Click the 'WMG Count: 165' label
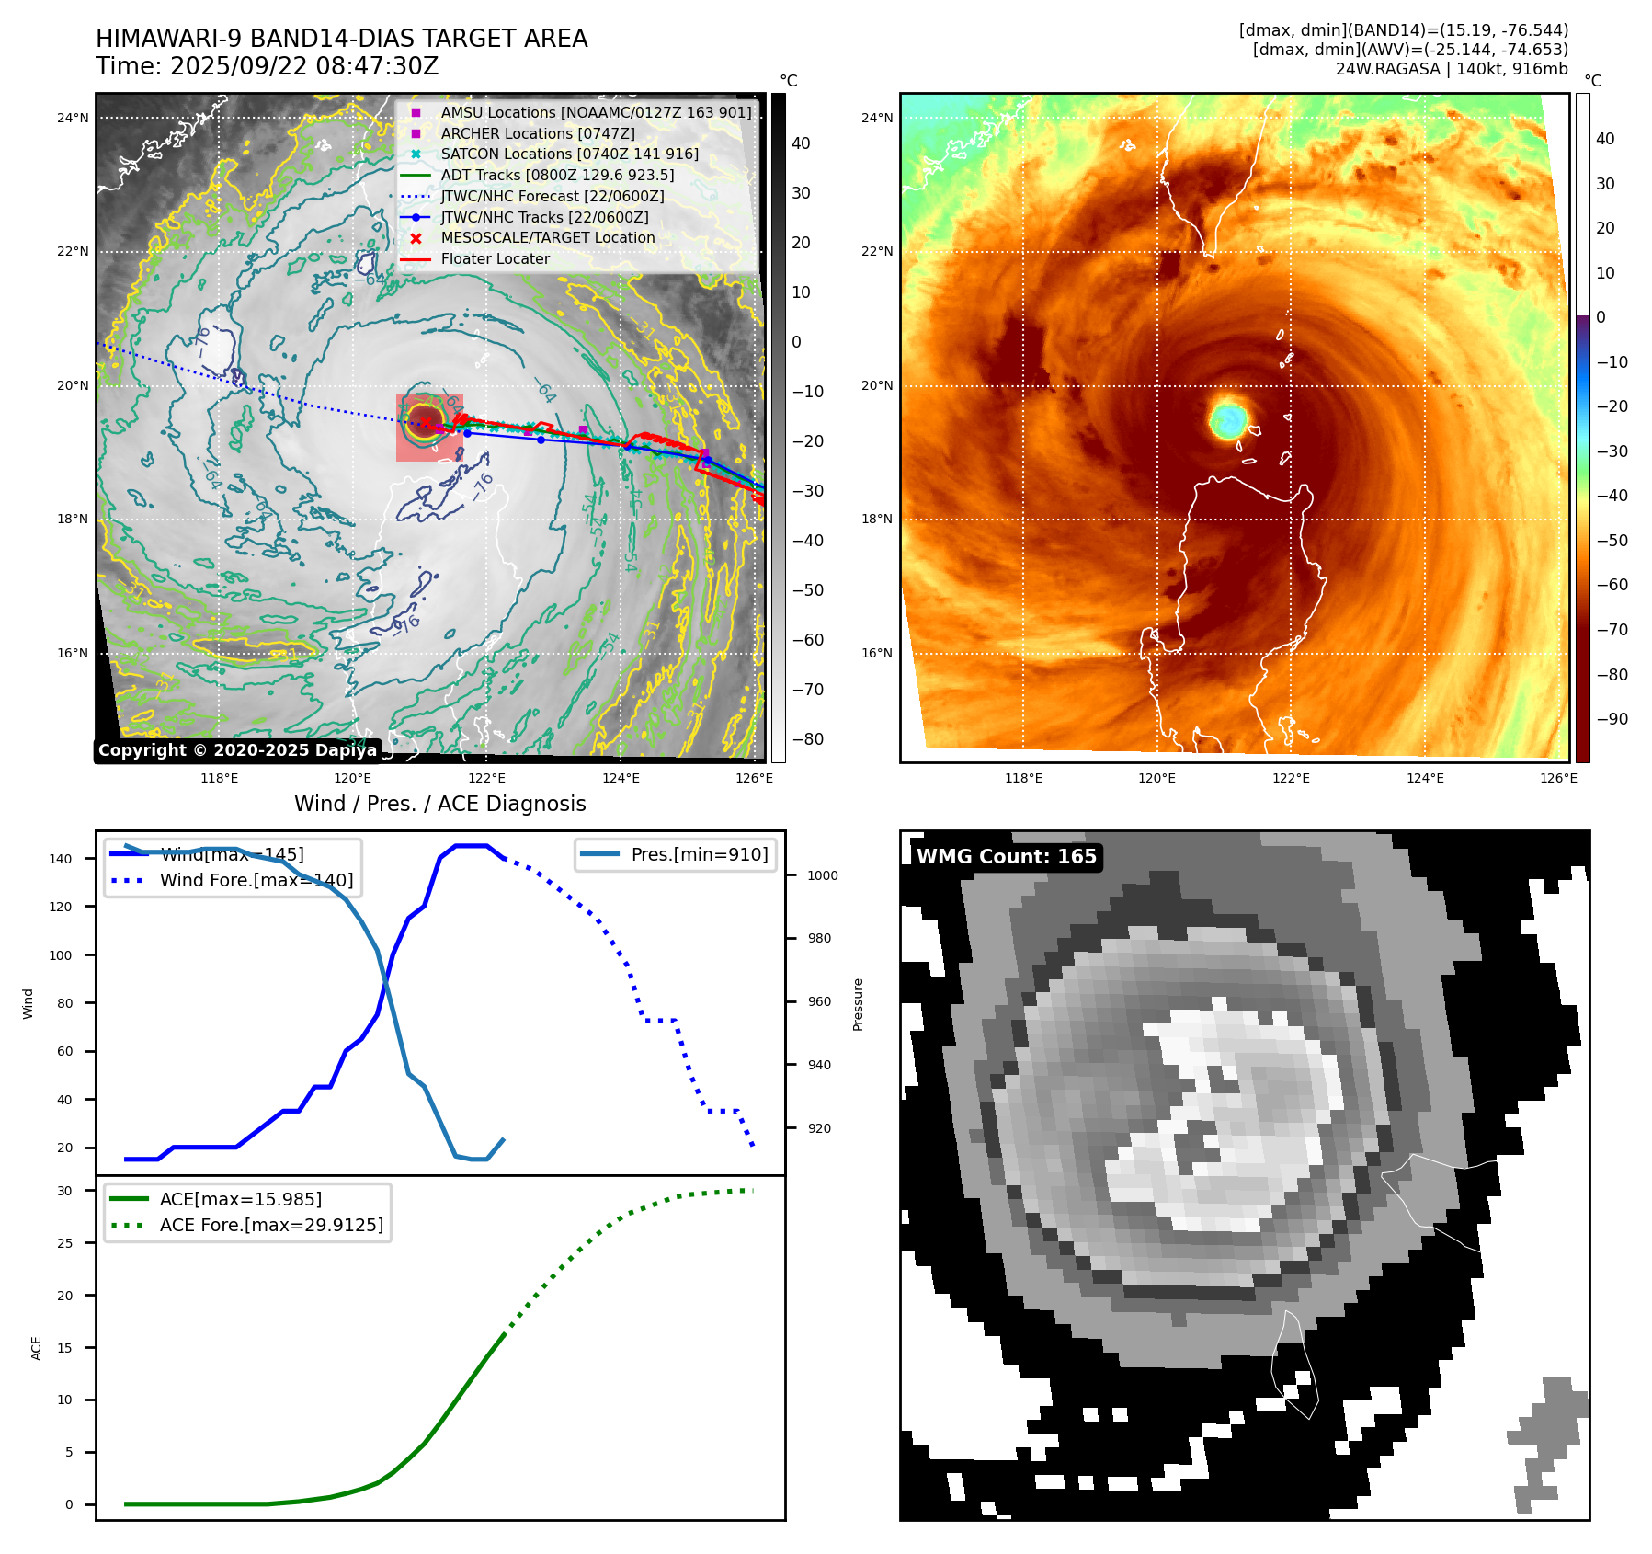click(x=1006, y=857)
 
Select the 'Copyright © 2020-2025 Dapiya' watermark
click(x=237, y=750)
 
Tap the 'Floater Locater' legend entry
click(x=495, y=259)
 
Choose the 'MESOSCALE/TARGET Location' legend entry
click(x=548, y=238)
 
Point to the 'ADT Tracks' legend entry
click(x=557, y=175)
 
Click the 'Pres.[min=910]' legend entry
click(x=699, y=854)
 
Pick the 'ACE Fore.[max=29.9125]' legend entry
click(x=271, y=1225)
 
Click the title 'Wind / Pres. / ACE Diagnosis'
click(x=439, y=804)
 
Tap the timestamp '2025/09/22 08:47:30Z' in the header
click(x=304, y=66)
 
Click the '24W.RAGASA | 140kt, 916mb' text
click(x=1452, y=69)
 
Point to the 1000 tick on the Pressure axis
click(x=822, y=875)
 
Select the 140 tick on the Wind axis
click(x=61, y=859)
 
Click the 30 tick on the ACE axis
click(x=64, y=1191)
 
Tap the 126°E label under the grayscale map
click(x=754, y=778)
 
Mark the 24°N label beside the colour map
click(x=876, y=118)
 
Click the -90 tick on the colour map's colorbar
click(x=1612, y=719)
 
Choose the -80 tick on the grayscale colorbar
click(x=808, y=739)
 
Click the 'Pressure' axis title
click(x=858, y=1004)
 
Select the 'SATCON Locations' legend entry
click(x=569, y=154)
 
